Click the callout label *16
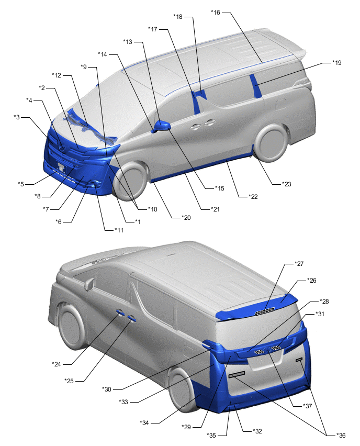pos(216,13)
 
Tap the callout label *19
pos(336,63)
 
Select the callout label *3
pos(17,117)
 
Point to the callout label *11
pos(119,230)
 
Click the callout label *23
pos(287,184)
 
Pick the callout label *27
pos(299,264)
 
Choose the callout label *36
pos(341,435)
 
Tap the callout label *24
pos(57,364)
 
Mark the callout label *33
pos(123,402)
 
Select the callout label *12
pos(57,75)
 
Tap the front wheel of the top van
pos(130,180)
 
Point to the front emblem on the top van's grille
pos(62,147)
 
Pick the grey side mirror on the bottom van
pos(89,284)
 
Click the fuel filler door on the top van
pos(280,104)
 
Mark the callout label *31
pos(320,314)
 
